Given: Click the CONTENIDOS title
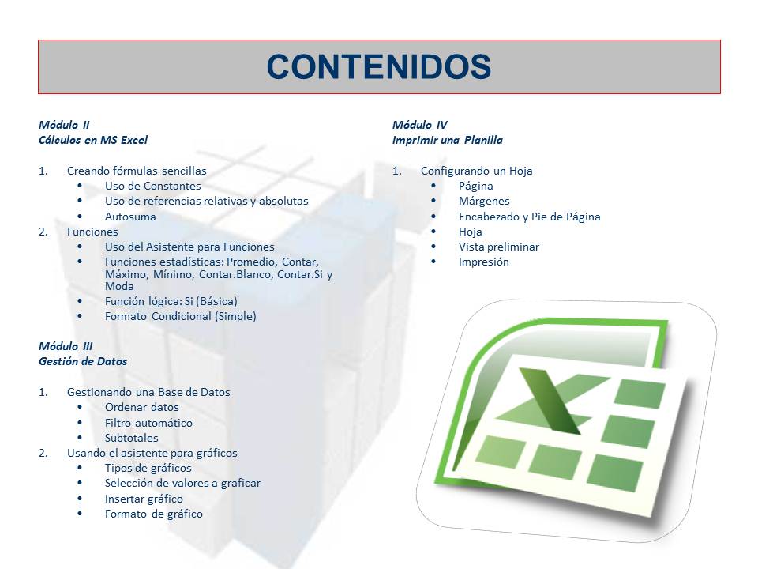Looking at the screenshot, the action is (x=379, y=66).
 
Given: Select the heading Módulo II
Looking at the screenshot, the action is (x=64, y=125).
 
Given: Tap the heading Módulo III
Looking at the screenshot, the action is (x=66, y=346).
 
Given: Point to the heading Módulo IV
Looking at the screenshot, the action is (x=419, y=125).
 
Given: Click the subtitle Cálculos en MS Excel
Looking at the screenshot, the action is (x=93, y=140).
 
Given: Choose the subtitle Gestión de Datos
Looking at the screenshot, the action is (x=83, y=361).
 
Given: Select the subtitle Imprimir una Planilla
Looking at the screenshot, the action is (x=447, y=140).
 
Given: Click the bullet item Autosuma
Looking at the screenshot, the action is (x=130, y=217).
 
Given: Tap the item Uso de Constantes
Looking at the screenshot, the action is (x=152, y=186).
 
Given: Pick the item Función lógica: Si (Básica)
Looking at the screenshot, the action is (x=171, y=301).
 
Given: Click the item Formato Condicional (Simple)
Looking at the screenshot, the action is (x=180, y=316).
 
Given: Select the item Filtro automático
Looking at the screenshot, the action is (x=148, y=423).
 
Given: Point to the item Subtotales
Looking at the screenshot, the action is (x=132, y=438).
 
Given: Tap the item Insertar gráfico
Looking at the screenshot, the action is (x=144, y=499).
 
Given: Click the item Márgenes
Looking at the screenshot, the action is (x=484, y=201).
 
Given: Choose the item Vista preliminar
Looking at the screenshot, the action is (x=499, y=247).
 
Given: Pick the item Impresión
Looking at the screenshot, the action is (x=484, y=262).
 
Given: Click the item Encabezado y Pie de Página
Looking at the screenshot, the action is (x=529, y=217).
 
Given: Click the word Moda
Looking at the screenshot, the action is (x=119, y=286).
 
